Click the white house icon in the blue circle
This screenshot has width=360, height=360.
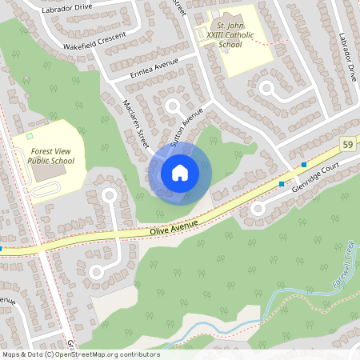coord(180,172)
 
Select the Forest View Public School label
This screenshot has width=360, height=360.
coord(53,155)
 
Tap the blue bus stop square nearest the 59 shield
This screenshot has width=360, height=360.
coord(304,165)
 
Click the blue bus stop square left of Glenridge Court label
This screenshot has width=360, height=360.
coord(282,184)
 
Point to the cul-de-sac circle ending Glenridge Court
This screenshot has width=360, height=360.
coord(258,209)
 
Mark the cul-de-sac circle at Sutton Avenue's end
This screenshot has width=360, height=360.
coord(172,106)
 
